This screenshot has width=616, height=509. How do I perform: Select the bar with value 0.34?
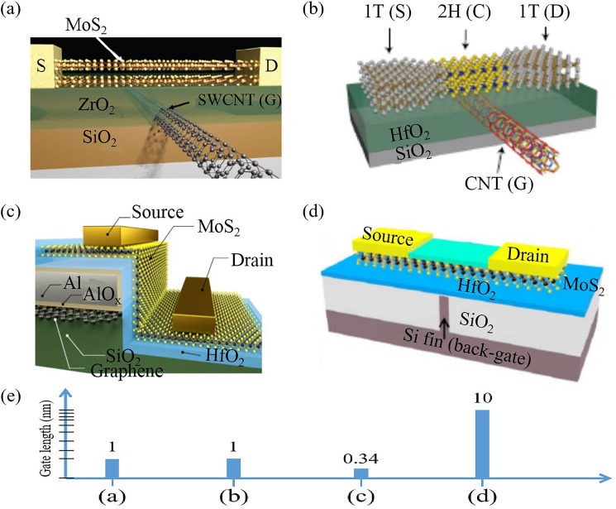pos(361,473)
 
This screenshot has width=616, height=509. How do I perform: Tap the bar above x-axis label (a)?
pos(112,468)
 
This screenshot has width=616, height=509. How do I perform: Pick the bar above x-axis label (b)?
pos(234,468)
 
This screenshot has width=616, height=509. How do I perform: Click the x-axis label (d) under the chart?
pos(482,498)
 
